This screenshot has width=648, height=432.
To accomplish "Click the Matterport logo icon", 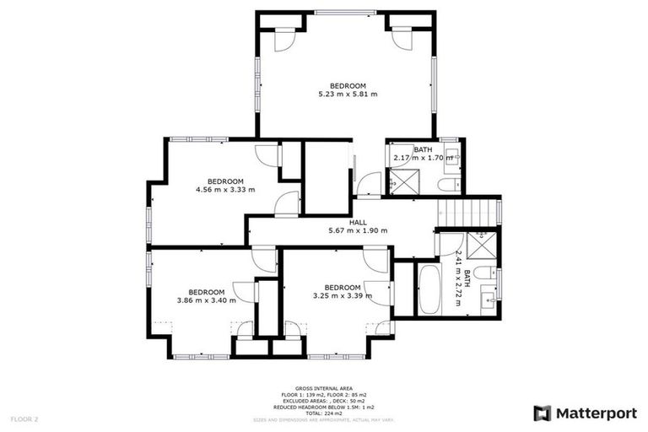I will [x=543, y=413].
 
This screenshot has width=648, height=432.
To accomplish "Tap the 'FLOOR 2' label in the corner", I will [x=24, y=418].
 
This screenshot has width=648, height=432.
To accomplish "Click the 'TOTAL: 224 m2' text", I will [x=324, y=413].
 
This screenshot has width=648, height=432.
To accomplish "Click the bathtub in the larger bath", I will [x=428, y=289].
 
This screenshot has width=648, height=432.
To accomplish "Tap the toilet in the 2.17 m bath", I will [x=448, y=184].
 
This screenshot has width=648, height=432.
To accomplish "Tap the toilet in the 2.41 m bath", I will [x=485, y=272].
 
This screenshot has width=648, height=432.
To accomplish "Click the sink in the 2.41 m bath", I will [x=488, y=298].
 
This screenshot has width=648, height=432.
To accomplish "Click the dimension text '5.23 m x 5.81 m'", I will [x=347, y=94].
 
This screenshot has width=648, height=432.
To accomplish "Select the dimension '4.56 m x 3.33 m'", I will [x=225, y=189].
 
